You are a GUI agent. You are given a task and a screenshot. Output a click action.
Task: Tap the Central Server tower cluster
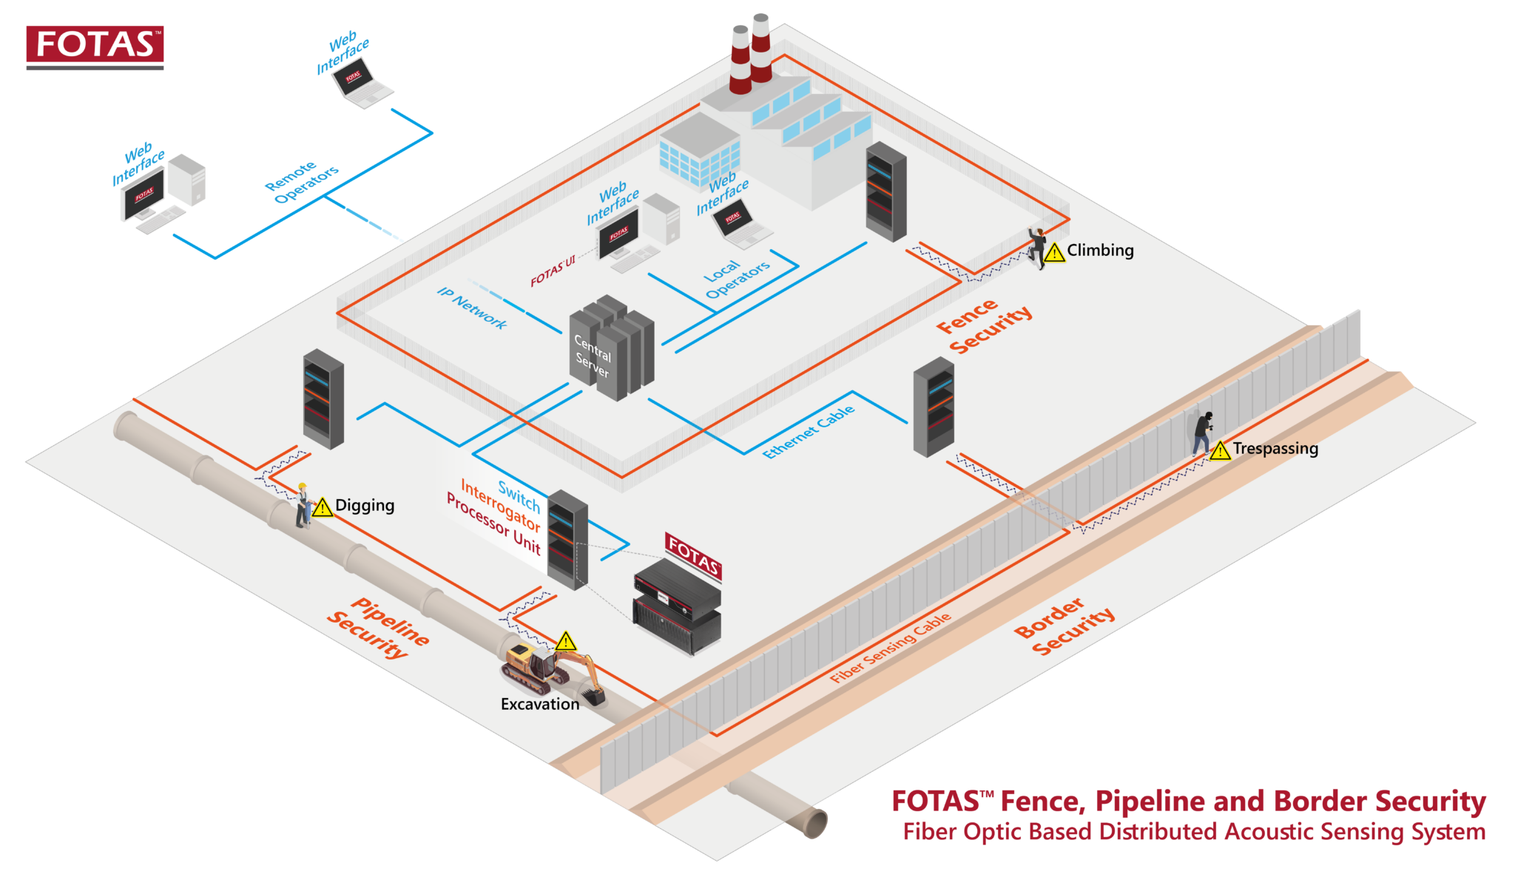[x=613, y=348]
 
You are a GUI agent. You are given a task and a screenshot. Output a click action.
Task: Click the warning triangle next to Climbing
[x=1054, y=253]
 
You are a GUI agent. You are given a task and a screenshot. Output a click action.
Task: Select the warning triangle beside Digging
[x=323, y=508]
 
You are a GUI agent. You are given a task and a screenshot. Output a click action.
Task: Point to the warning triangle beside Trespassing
[x=1220, y=450]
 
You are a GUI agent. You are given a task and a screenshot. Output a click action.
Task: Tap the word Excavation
[x=540, y=704]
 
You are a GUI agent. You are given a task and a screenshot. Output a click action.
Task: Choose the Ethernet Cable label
[x=809, y=432]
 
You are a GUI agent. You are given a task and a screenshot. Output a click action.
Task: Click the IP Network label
[x=472, y=308]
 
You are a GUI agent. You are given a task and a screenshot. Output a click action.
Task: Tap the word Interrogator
[x=500, y=504]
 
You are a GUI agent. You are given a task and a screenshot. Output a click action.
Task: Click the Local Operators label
[x=737, y=279]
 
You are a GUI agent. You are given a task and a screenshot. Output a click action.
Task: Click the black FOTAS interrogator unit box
[x=676, y=606]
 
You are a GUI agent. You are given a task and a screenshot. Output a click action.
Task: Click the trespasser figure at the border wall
[x=1202, y=433]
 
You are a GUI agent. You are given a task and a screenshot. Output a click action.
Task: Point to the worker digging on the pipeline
[x=302, y=505]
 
